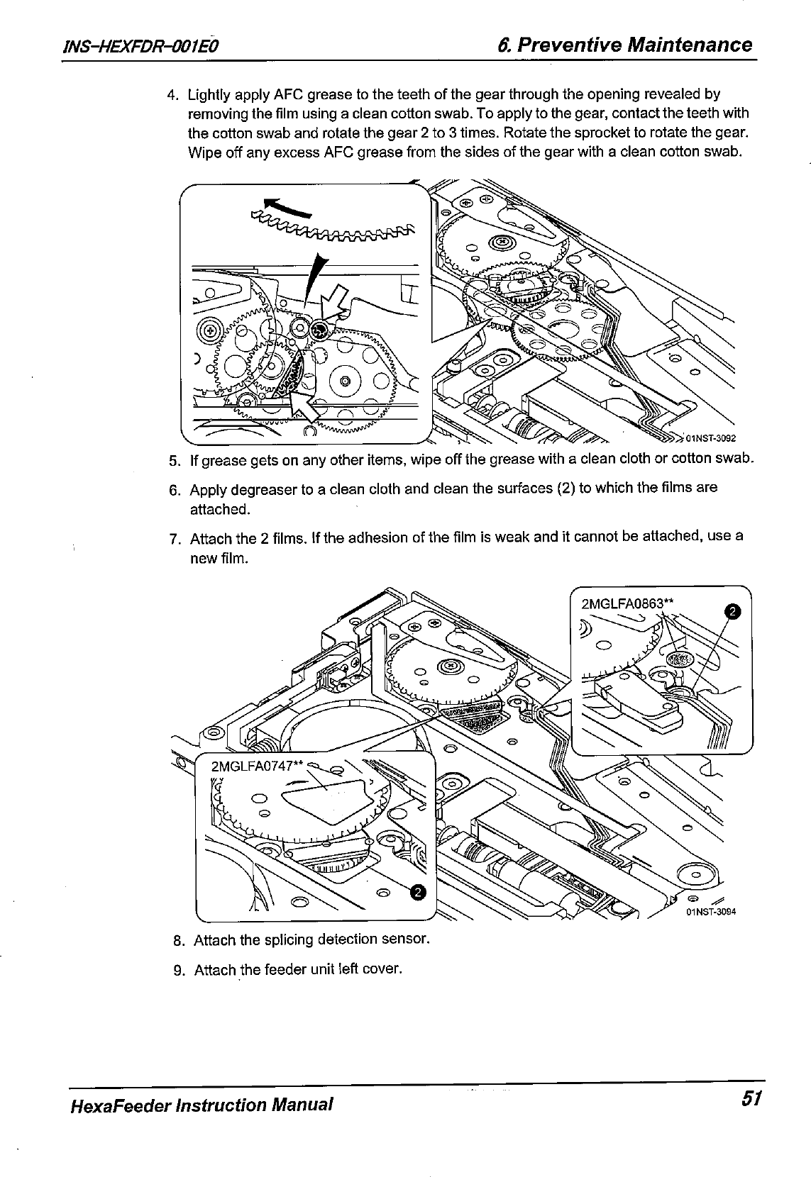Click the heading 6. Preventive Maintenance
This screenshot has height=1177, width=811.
pos(624,45)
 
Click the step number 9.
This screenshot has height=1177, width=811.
pos(179,969)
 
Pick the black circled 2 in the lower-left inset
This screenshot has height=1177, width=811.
pos(419,892)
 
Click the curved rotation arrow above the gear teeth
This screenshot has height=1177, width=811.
pos(287,206)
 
